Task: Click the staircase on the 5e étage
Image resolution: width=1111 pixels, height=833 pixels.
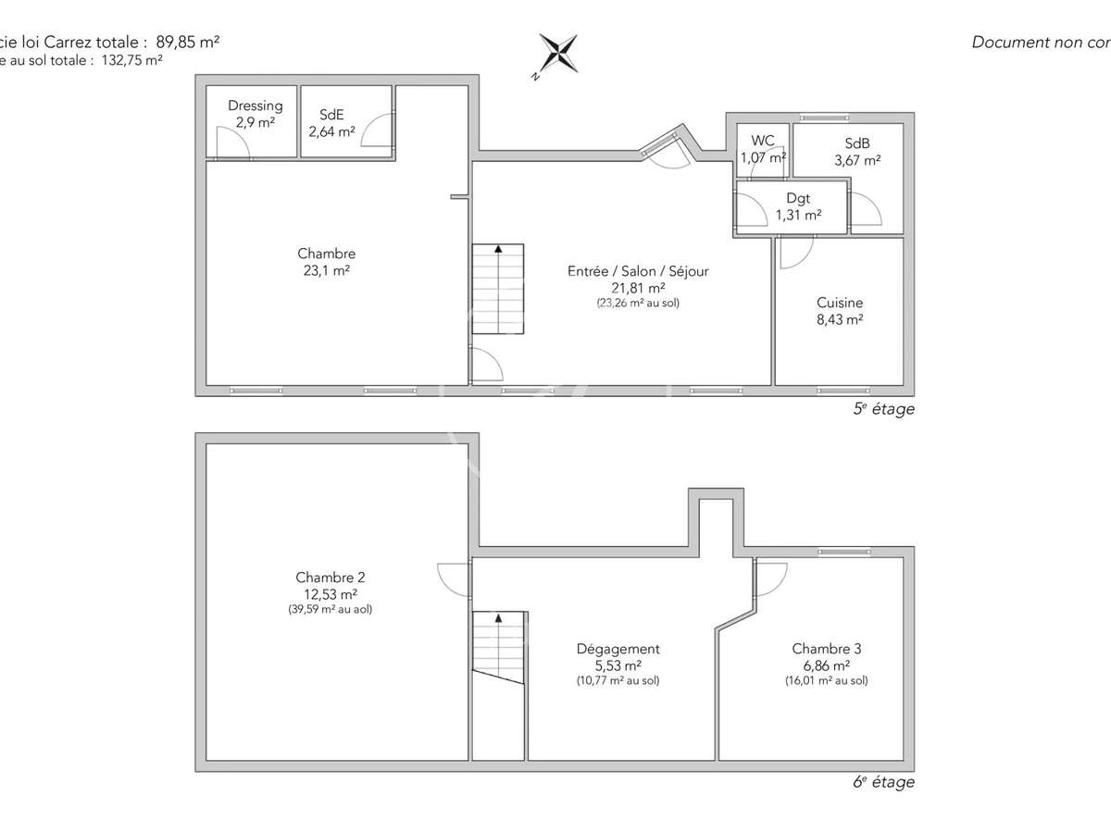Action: coord(498,289)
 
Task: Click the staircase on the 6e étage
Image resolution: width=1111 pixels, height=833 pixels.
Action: coord(499,648)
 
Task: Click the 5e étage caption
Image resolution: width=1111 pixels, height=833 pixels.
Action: coord(883,408)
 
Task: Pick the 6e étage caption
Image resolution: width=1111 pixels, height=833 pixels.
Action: coord(883,782)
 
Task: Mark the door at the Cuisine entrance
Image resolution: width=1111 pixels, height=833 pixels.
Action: coord(796,253)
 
